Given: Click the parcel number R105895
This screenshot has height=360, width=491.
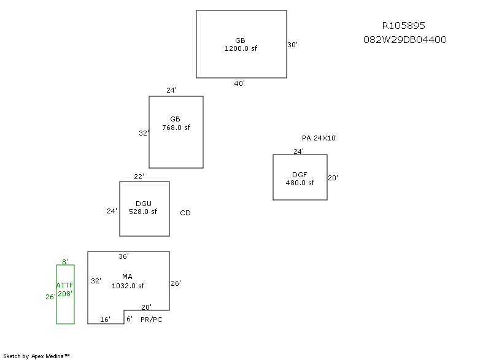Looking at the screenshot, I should point(403,26).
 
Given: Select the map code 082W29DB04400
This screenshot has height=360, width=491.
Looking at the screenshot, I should point(404,40).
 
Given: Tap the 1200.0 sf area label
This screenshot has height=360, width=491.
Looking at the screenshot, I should point(241,48).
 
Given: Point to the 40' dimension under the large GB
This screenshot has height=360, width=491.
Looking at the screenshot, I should point(239,83).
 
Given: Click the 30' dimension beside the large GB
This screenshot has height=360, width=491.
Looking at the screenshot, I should point(293,45).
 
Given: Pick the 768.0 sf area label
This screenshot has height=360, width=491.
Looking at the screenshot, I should point(176,128).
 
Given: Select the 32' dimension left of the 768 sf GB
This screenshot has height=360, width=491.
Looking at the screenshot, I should point(144,132).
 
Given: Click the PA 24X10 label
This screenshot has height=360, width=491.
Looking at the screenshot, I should point(319,138).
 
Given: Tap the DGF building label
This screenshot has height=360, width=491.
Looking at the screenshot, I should point(300,175).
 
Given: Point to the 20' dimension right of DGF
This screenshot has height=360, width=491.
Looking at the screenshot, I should point(333,178).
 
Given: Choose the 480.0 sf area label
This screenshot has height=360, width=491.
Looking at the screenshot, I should point(300,182).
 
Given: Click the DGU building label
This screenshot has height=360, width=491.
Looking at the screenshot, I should point(143,204).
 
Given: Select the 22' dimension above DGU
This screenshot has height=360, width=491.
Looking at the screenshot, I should point(139,177).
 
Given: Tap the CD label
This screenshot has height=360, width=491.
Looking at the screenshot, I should point(185,213).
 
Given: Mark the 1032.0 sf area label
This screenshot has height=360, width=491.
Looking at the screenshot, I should point(128,285).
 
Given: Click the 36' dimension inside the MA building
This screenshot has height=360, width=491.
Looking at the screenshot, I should point(123,256).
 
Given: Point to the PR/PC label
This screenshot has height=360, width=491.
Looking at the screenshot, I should point(152,319).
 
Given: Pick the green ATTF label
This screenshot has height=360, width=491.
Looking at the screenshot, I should point(64,285).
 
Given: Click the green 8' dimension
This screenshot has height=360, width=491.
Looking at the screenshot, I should point(65,261).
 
